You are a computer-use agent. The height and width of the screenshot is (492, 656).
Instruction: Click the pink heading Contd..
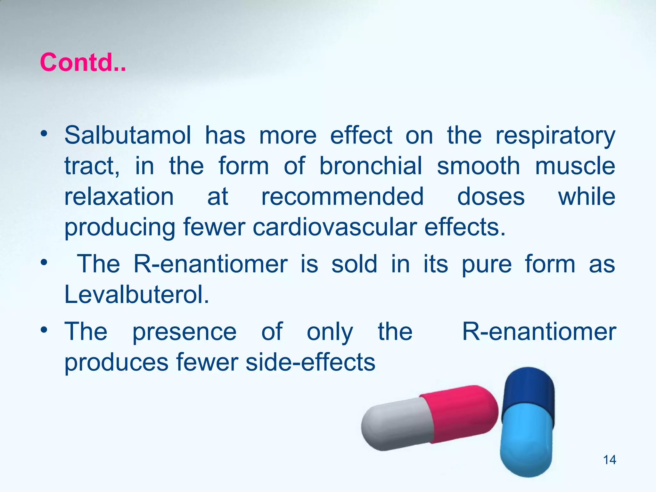[x=83, y=62]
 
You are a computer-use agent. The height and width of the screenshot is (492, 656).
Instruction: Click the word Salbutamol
[x=127, y=135]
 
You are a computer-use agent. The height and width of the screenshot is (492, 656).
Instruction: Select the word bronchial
[x=371, y=166]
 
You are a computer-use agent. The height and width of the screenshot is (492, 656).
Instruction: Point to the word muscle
[x=575, y=166]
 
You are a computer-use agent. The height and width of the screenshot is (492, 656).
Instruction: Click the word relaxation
[x=119, y=196]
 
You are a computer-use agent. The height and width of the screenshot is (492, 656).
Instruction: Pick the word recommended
[x=342, y=196]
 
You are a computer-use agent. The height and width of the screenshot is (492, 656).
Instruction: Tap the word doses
[x=491, y=196]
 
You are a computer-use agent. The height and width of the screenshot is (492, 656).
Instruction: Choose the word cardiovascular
[x=335, y=227]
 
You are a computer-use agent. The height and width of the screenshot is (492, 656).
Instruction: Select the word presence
[x=184, y=332]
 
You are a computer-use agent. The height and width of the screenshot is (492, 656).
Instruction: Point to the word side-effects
[x=310, y=362]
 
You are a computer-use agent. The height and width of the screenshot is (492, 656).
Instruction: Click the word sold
[x=354, y=264]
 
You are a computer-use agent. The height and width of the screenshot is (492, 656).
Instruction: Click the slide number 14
[x=609, y=460]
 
